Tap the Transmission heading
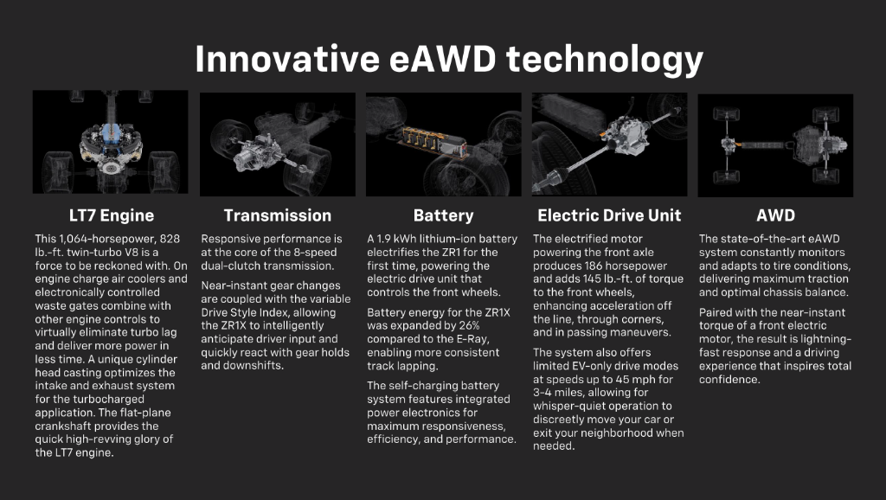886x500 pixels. click(277, 215)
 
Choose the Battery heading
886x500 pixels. click(443, 215)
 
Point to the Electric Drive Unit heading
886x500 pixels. click(609, 215)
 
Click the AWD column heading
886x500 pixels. click(775, 215)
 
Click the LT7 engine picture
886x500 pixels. click(110, 142)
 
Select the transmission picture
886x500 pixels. click(277, 144)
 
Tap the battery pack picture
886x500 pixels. click(443, 144)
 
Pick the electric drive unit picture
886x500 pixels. click(609, 144)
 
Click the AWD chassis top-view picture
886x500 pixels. click(775, 144)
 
